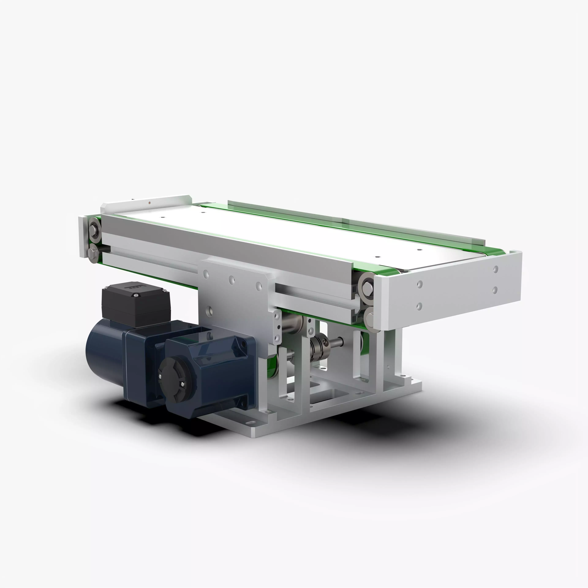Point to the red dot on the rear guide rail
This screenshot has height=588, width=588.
click(x=149, y=202)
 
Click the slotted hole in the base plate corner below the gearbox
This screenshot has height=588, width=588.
click(x=250, y=423)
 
